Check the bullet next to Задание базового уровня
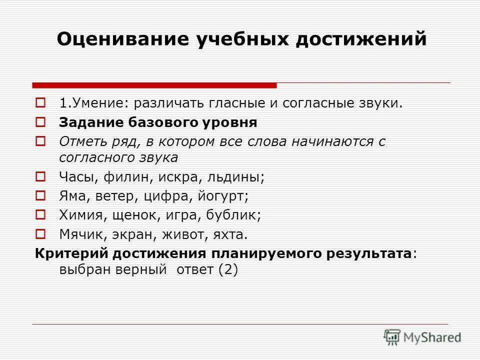[x=41, y=121]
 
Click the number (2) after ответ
[x=228, y=269]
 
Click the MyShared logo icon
[x=392, y=336]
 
